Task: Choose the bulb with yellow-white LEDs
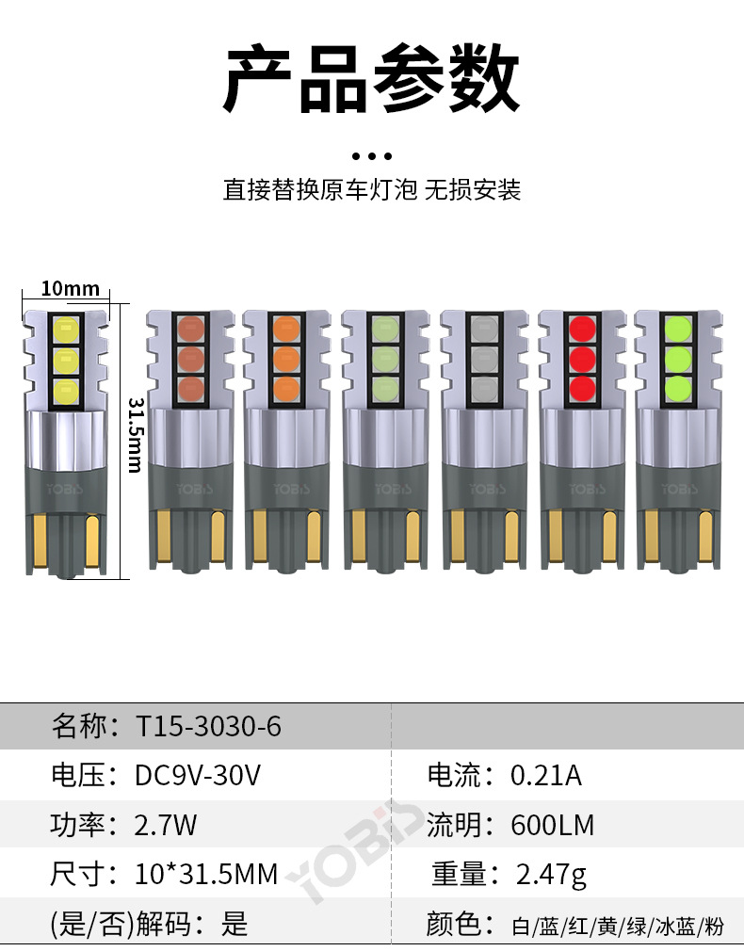point(66,433)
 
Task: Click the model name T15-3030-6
point(208,727)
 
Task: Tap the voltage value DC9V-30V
point(198,776)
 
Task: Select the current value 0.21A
point(546,776)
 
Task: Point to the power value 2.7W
point(167,825)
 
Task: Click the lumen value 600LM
point(553,825)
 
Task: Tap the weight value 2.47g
point(552,874)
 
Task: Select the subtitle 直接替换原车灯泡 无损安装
point(371,190)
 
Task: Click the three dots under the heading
point(371,155)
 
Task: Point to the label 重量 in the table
point(460,874)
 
